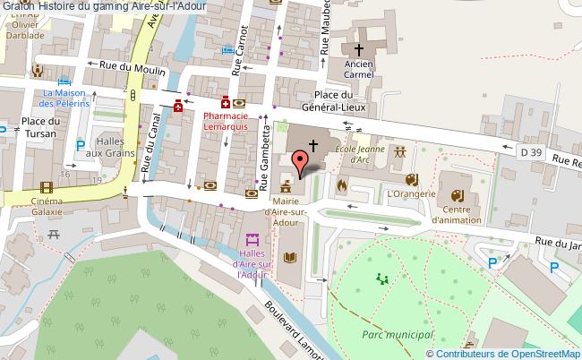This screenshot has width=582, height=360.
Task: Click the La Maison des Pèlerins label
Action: tap(67, 99)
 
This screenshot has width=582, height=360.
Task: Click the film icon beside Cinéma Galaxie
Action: tap(46, 187)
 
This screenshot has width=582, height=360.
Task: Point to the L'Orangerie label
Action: tap(411, 193)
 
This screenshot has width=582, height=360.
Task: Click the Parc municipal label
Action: tap(398, 333)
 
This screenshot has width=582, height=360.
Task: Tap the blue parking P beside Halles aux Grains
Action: tap(81, 145)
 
